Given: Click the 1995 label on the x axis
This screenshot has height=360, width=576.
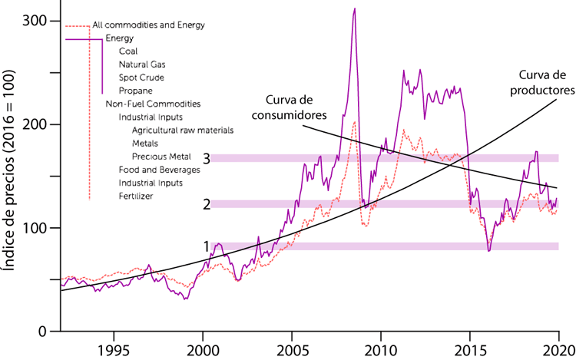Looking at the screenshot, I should click(114, 346).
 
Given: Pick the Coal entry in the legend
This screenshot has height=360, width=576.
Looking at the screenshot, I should click(128, 51).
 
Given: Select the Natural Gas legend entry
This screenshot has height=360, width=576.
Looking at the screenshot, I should click(142, 64).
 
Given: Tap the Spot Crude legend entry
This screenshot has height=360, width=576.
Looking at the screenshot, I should click(141, 78).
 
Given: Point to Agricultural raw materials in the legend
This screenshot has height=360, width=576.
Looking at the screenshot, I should click(183, 130).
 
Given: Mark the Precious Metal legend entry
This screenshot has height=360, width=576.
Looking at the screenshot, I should click(161, 156).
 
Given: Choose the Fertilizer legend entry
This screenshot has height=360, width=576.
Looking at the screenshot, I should click(136, 197).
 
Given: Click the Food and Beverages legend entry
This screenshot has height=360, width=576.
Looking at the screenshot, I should click(159, 169).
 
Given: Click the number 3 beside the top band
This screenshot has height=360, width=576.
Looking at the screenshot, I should click(207, 158).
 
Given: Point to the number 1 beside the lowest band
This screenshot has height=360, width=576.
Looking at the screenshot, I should click(207, 246).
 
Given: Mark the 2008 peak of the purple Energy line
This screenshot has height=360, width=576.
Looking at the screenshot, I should click(354, 9).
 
